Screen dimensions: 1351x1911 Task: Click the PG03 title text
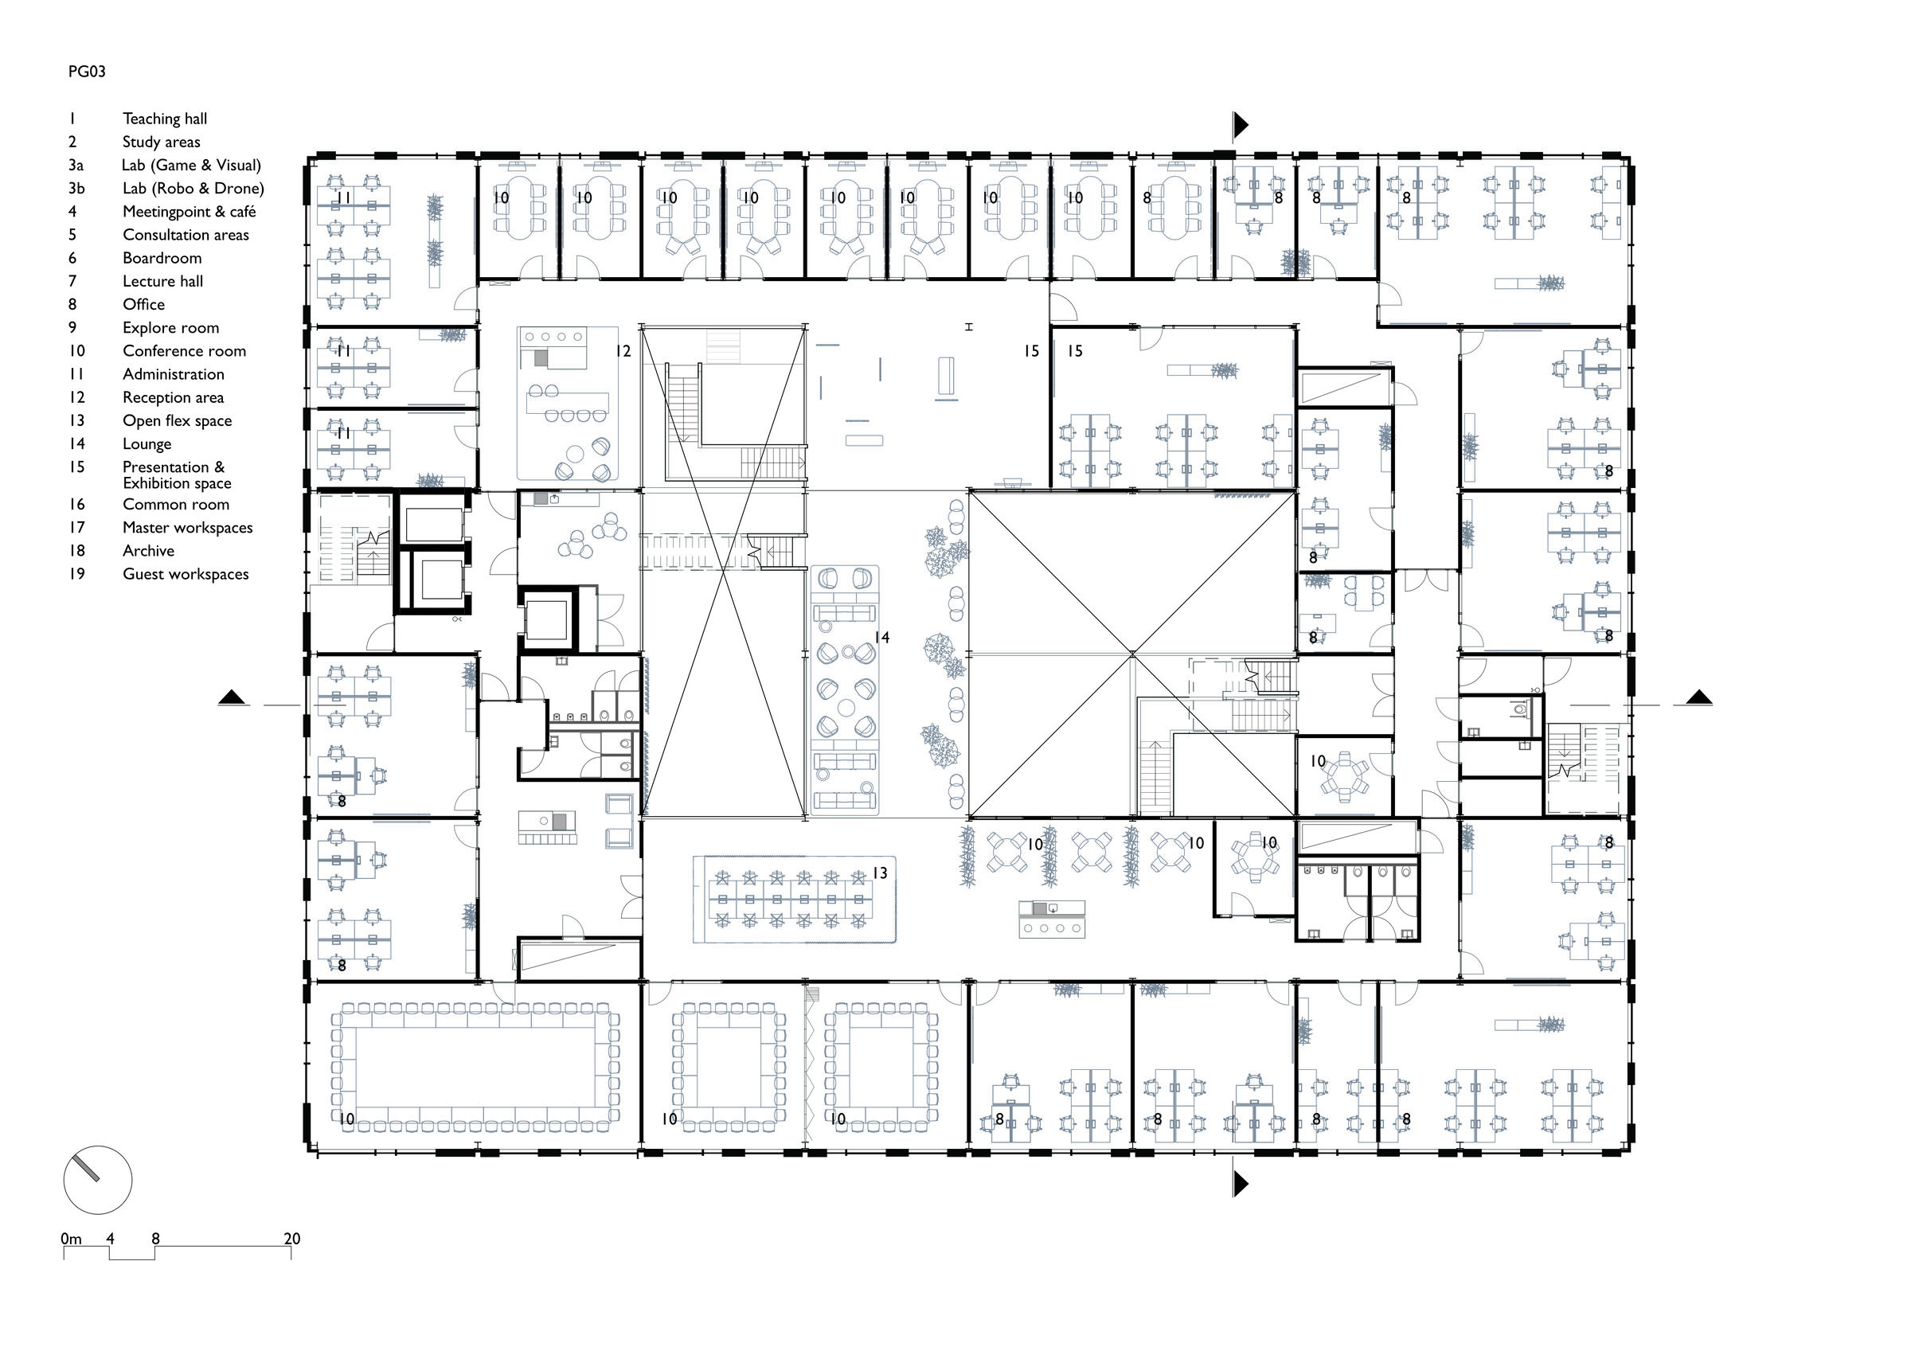tap(87, 72)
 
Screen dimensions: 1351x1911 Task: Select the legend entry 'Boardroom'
tap(162, 258)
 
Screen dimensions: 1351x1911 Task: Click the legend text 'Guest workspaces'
tap(185, 573)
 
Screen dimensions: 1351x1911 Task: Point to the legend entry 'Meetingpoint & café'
tap(189, 212)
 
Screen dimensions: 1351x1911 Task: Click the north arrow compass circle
tap(97, 1180)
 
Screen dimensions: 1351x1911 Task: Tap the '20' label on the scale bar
tap(291, 1239)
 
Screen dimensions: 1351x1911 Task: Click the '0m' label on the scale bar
tap(71, 1239)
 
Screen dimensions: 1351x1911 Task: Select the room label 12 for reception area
tap(623, 351)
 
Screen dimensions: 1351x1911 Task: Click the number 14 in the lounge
tap(881, 638)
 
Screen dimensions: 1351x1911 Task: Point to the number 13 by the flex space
tap(880, 873)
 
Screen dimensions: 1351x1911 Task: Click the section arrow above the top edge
tap(1240, 125)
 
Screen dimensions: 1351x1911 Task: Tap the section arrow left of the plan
tap(233, 698)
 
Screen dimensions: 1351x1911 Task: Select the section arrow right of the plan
tap(1698, 698)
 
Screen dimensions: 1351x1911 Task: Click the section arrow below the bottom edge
tap(1240, 1183)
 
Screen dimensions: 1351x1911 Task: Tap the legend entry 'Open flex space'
tap(177, 420)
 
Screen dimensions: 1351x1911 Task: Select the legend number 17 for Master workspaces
tap(76, 527)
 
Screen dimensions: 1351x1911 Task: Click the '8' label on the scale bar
tap(154, 1239)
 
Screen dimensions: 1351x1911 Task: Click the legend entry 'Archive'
tap(148, 550)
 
